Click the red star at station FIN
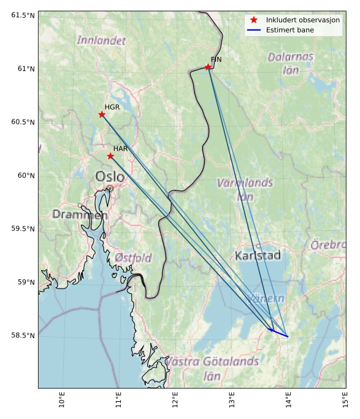point(209,67)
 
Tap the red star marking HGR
point(102,115)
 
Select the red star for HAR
point(110,156)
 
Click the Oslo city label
point(110,177)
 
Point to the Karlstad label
point(258,255)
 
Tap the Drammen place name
point(80,215)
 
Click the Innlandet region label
point(101,40)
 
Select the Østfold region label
point(133,258)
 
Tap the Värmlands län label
point(245,189)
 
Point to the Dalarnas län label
point(291,63)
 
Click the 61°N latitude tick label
point(23,69)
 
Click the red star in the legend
point(253,20)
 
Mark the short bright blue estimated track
point(280,333)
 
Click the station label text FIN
point(216,59)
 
